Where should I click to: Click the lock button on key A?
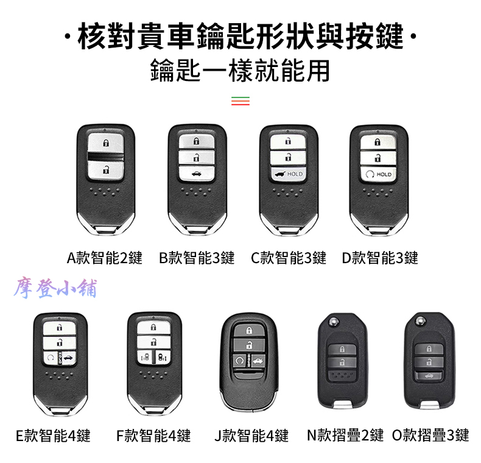click(106, 143)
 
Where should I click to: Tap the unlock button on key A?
click(106, 169)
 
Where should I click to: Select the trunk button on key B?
click(196, 174)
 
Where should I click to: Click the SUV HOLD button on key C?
click(289, 174)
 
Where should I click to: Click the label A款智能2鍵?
click(105, 258)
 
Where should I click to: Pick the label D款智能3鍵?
click(380, 258)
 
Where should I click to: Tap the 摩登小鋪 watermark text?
click(55, 289)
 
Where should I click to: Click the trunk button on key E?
click(69, 358)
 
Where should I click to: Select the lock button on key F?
click(153, 327)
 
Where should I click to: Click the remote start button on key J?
click(239, 361)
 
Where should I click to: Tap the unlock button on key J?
click(249, 345)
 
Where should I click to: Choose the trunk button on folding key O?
click(429, 375)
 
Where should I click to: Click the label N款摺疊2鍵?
click(345, 435)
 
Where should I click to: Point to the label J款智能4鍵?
click(251, 436)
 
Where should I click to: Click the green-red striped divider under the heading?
click(240, 101)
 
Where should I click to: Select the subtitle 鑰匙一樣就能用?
click(240, 71)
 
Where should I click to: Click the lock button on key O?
click(429, 349)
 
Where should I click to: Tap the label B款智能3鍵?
click(197, 258)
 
